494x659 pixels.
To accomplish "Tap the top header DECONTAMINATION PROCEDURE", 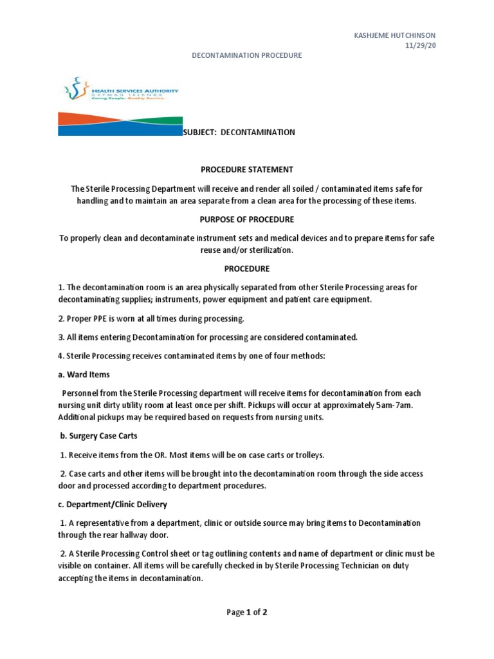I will [247, 56].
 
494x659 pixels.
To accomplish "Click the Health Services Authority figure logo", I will [77, 89].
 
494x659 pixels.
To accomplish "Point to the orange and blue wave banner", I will [120, 123].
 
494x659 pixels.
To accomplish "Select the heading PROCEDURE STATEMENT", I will [247, 170].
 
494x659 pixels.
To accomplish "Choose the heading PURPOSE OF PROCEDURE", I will [247, 219].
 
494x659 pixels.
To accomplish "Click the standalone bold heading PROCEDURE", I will [247, 269].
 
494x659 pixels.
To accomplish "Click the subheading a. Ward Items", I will [84, 375].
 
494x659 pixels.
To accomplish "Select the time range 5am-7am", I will [399, 405].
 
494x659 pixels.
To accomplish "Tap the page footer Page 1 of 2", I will [247, 613].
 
